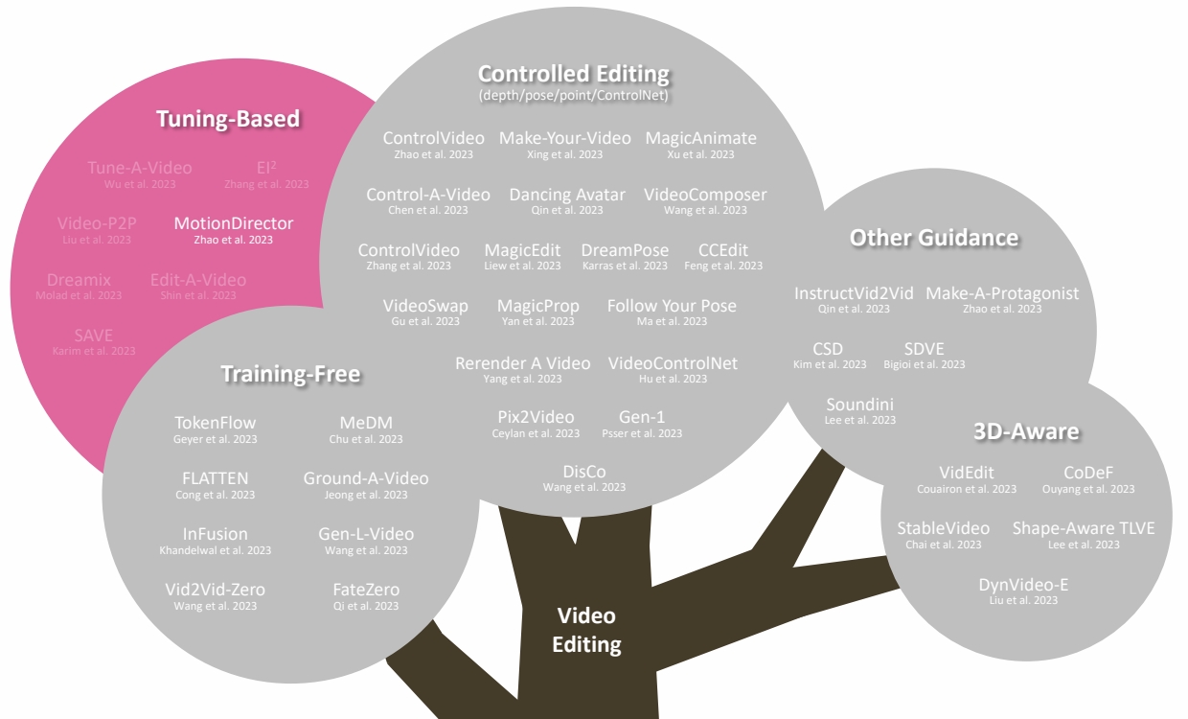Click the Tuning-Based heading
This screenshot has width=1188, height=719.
[228, 119]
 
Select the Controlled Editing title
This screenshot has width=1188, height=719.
[574, 74]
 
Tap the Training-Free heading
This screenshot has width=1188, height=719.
[290, 374]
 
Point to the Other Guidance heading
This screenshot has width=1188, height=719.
[934, 237]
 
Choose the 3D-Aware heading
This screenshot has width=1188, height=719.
[1026, 431]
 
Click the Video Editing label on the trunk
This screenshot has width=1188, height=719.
[587, 630]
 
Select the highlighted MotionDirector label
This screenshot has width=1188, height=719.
[234, 223]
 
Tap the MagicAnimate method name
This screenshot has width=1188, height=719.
[700, 138]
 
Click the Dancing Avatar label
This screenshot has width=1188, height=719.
[567, 195]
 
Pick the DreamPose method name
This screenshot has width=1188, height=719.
[625, 250]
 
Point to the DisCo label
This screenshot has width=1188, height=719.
[584, 472]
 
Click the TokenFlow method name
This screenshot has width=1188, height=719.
[216, 423]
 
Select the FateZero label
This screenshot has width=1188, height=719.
[366, 590]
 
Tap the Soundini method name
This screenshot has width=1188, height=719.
[859, 405]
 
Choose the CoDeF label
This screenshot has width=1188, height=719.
[1088, 473]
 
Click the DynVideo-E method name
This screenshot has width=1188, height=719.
[1023, 585]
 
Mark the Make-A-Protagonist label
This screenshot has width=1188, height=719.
[1002, 293]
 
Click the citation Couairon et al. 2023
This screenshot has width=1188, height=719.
[967, 489]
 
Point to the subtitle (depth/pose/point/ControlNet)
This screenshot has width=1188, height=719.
[574, 96]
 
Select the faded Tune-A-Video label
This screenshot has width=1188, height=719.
[140, 168]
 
